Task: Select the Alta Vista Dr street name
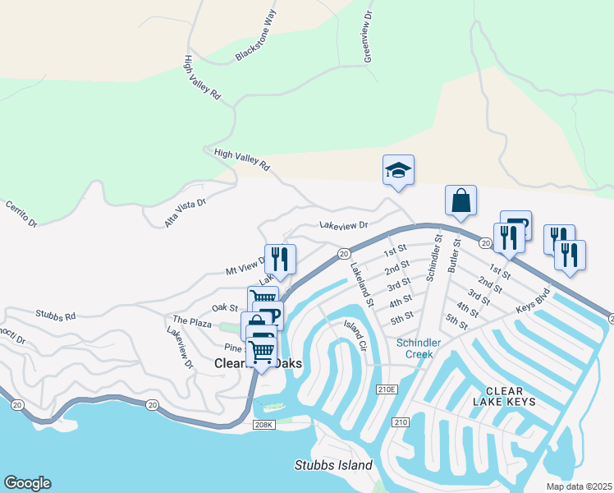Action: pos(185,212)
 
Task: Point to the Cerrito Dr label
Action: pos(22,213)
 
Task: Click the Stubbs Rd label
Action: pos(55,315)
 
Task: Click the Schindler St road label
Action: pos(433,259)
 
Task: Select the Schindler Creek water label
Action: pos(420,348)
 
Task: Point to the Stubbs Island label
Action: pos(333,465)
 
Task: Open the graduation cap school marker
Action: pos(398,171)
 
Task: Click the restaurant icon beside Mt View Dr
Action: pos(280,259)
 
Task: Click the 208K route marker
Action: pos(263,425)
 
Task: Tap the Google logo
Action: pos(27,483)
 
